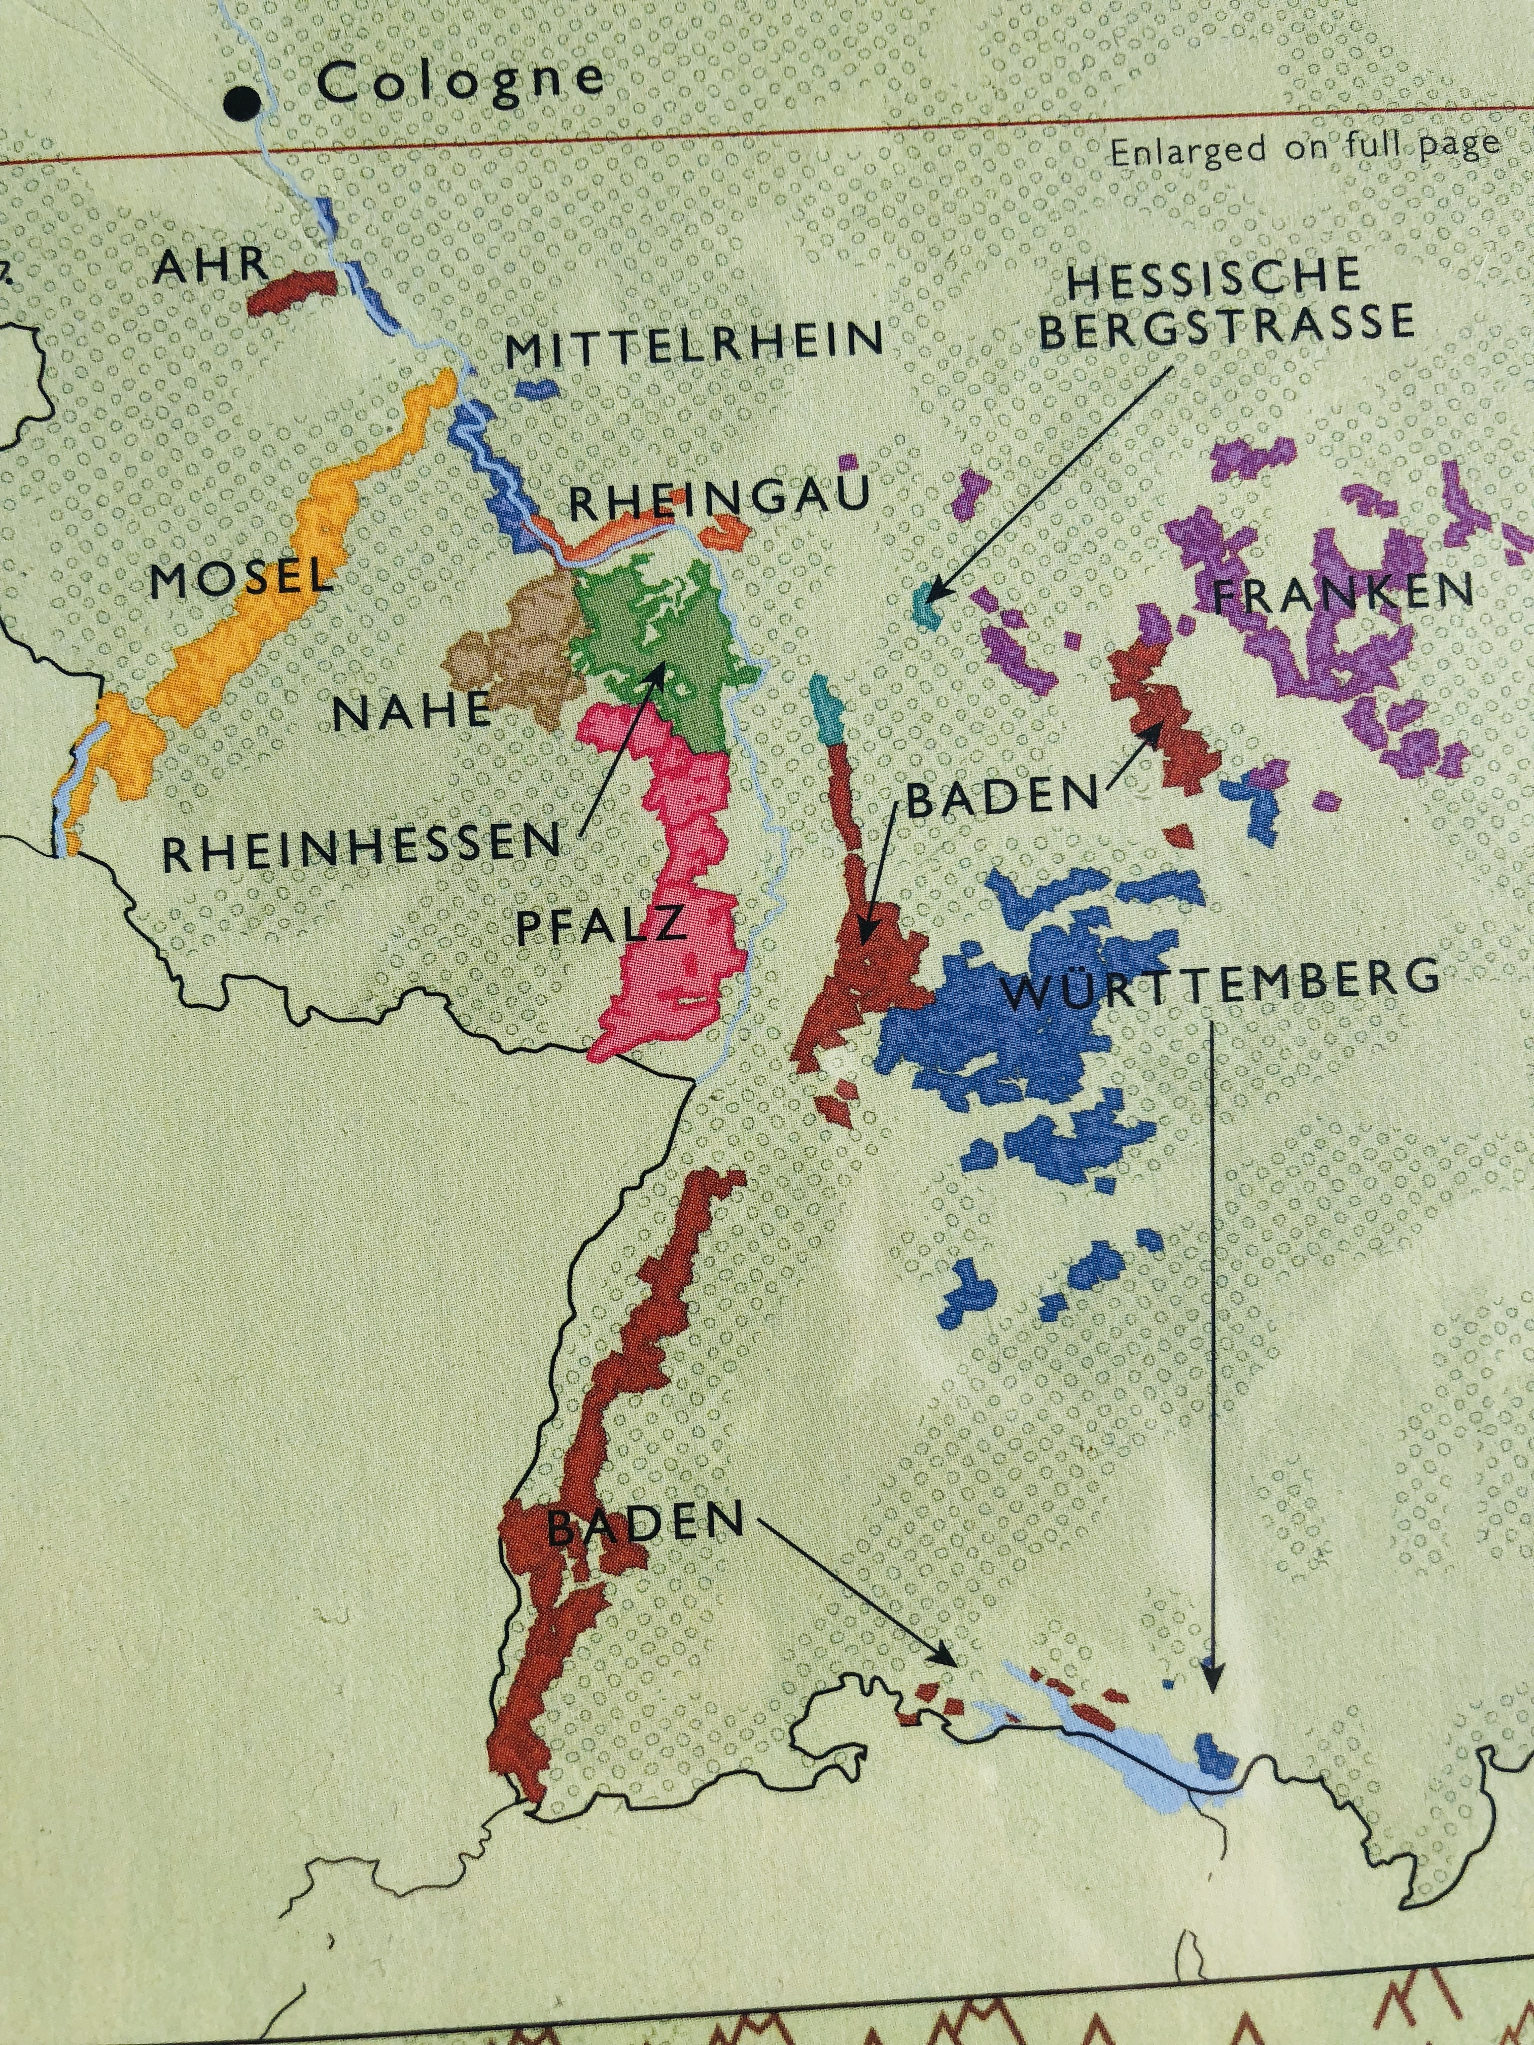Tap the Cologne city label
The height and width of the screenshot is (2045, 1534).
tap(460, 81)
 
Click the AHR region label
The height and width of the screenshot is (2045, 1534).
tap(212, 266)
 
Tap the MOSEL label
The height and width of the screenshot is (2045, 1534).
tap(240, 579)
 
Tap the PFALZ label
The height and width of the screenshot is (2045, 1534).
tap(601, 926)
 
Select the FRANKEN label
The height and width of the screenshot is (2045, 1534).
tap(1341, 592)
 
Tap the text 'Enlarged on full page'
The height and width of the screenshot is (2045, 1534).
tap(1304, 148)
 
